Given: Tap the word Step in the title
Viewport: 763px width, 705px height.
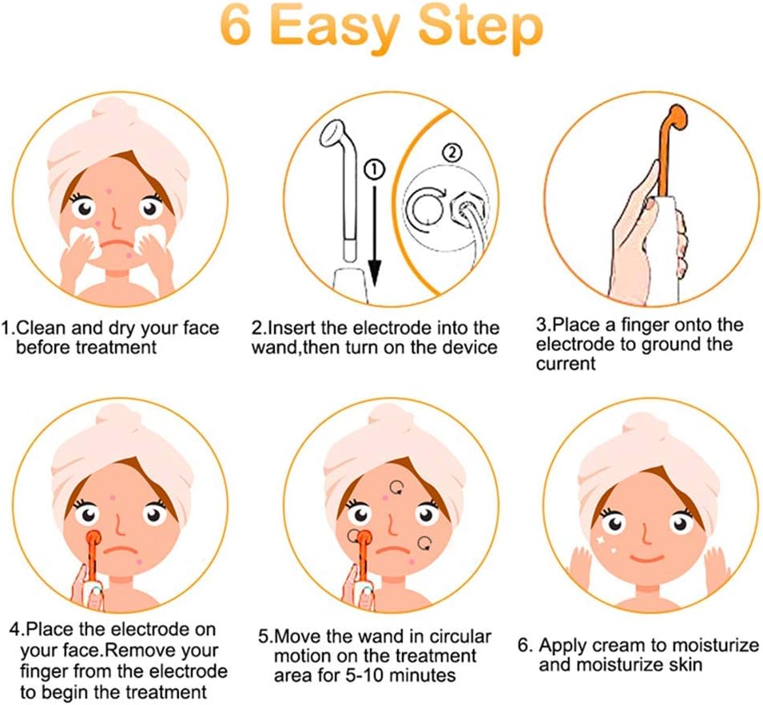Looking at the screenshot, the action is coord(482,30).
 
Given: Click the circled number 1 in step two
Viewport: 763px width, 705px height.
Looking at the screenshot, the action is coord(374,169).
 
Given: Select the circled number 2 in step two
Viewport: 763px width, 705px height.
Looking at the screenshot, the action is coord(451,153).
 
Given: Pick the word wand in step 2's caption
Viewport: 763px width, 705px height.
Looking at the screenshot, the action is coord(273,348).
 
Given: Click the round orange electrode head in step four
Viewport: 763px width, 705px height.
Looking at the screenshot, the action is coord(93,538).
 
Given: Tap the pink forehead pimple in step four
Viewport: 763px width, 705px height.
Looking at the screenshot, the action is coord(113,497).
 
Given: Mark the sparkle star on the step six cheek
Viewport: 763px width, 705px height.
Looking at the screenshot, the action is coord(600,540).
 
